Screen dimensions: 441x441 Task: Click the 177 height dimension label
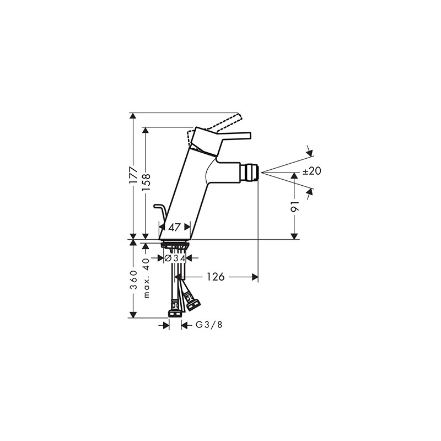click(133, 176)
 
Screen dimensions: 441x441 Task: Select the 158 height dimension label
click(146, 182)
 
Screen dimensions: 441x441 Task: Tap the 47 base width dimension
click(174, 227)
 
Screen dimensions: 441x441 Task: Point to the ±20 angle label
click(312, 171)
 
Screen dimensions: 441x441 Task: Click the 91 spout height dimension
click(294, 207)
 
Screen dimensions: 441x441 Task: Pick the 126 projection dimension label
click(216, 277)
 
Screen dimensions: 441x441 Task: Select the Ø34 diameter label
click(175, 258)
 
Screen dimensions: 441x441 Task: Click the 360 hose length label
click(133, 279)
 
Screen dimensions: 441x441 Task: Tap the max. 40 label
click(146, 278)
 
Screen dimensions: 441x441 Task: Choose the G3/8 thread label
click(209, 325)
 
